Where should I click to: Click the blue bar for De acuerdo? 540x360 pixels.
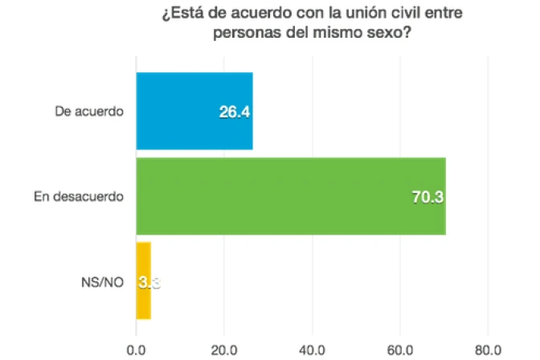click(194, 111)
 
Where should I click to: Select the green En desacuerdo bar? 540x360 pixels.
click(290, 197)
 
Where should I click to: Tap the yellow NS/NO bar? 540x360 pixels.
click(144, 280)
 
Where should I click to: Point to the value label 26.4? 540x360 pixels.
click(235, 112)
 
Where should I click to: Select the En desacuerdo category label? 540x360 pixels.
click(78, 197)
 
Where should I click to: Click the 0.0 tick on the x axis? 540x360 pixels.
click(136, 349)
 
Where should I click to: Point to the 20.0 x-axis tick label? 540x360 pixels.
click(223, 349)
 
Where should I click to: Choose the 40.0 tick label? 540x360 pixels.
click(312, 349)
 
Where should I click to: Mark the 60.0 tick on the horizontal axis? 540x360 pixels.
click(399, 349)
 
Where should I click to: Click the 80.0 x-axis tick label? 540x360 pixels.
click(487, 349)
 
